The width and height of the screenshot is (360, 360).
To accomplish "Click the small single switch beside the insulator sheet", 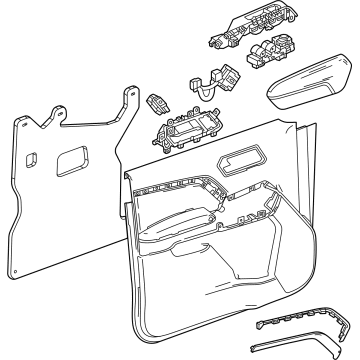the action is click(x=157, y=102).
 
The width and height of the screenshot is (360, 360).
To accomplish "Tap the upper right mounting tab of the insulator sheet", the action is click(x=130, y=95).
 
